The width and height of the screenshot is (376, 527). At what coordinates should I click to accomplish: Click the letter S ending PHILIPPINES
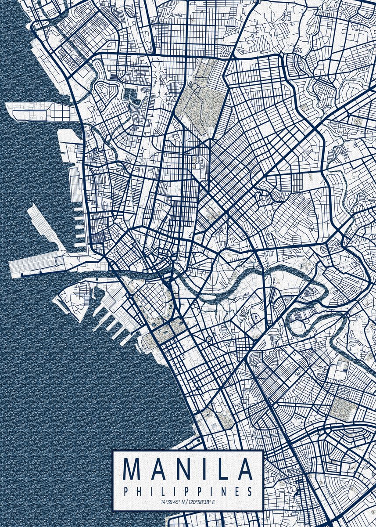coord(250,491)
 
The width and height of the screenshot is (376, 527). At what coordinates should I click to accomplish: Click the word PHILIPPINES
coord(188,491)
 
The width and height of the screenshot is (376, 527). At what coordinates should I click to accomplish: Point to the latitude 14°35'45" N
coord(172,502)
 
